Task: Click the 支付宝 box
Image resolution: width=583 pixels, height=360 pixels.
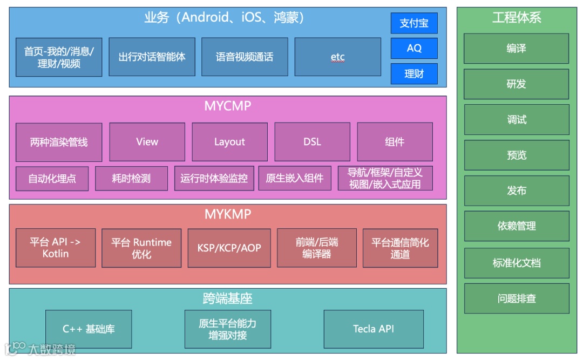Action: (414, 23)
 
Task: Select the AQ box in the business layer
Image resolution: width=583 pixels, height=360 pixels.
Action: (414, 48)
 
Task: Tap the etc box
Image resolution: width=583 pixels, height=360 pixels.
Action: (337, 57)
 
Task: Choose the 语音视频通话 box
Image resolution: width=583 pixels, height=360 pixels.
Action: (245, 57)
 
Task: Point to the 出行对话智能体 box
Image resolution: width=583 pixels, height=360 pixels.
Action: (152, 57)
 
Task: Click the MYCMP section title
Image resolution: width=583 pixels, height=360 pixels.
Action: (228, 106)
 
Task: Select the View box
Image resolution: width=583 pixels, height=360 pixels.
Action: (147, 142)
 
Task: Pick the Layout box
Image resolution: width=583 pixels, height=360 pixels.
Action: (229, 142)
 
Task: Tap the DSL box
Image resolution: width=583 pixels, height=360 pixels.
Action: (312, 142)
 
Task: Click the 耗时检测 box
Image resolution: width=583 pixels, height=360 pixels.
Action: (131, 179)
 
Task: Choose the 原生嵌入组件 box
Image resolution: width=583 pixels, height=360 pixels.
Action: (295, 179)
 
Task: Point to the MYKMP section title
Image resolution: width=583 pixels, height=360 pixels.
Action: (228, 214)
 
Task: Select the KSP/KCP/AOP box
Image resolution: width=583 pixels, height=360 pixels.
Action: (229, 248)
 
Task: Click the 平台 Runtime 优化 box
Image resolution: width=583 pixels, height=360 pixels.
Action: (141, 248)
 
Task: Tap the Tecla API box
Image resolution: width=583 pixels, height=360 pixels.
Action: (374, 329)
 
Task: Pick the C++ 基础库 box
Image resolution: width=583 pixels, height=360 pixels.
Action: (89, 329)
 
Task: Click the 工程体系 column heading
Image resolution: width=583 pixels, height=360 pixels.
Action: (517, 18)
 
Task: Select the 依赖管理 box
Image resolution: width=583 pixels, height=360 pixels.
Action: (517, 226)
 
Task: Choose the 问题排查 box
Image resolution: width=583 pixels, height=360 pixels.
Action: (517, 298)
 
